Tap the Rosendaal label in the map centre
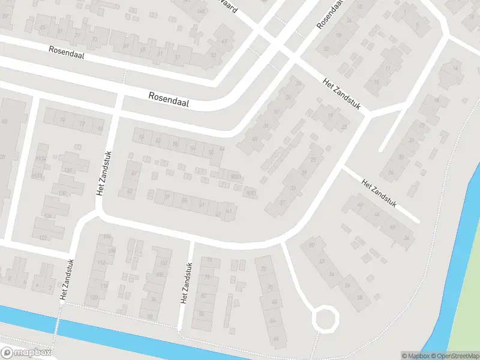169,99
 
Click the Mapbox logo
26,353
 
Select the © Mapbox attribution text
413,356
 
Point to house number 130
63,193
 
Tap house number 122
43,238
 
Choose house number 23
344,127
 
